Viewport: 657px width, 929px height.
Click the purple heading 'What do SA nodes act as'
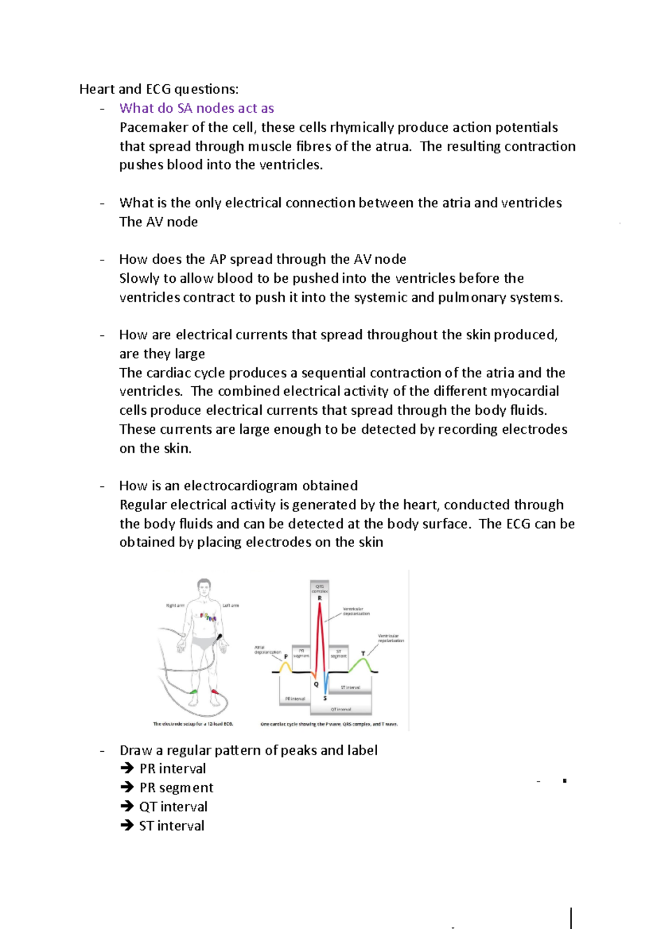197,108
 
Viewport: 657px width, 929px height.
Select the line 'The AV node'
158,222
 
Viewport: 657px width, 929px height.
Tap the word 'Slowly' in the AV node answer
139,278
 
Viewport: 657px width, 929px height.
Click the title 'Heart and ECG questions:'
159,89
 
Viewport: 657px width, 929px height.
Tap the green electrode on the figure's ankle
193,693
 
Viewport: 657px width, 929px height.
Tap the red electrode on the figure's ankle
215,692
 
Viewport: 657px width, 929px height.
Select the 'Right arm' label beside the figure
175,606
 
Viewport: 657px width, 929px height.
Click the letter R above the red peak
320,598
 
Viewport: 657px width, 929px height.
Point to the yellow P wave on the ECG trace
285,666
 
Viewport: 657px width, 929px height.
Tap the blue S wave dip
326,684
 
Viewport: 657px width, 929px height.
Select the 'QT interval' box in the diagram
341,709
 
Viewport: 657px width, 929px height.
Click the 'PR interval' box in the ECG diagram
295,699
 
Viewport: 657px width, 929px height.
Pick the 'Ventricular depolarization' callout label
356,611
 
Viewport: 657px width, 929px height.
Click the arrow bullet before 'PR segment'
127,788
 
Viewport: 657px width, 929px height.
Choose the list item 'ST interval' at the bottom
171,826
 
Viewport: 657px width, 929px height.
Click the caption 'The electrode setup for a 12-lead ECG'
193,724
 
